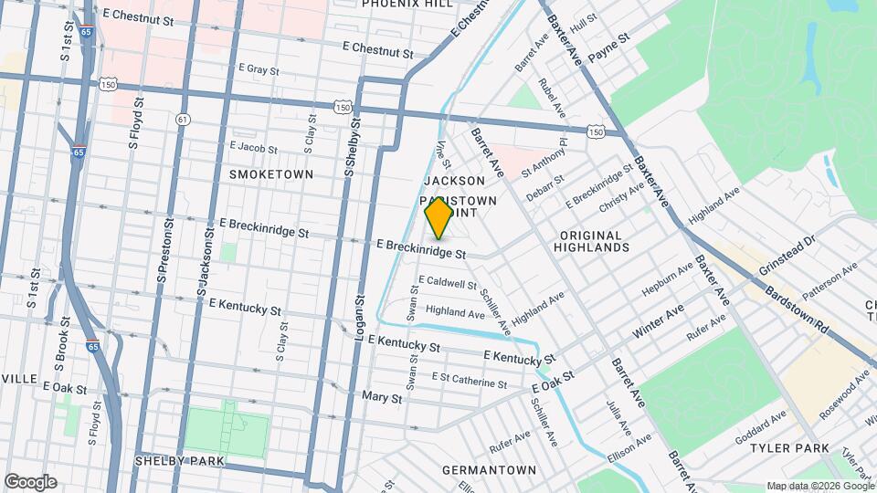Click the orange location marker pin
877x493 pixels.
(438, 217)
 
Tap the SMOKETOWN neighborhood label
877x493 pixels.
(271, 173)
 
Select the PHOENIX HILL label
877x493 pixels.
(407, 4)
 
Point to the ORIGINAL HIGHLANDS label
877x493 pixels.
(595, 241)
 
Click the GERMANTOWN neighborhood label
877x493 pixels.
(489, 470)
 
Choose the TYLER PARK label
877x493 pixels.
(789, 448)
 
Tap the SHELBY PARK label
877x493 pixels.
(179, 461)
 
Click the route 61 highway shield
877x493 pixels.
(183, 120)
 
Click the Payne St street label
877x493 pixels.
(609, 48)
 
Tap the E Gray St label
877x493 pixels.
(258, 68)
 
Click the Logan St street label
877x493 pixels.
(359, 319)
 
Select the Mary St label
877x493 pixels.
(382, 398)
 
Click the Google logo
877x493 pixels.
(31, 481)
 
